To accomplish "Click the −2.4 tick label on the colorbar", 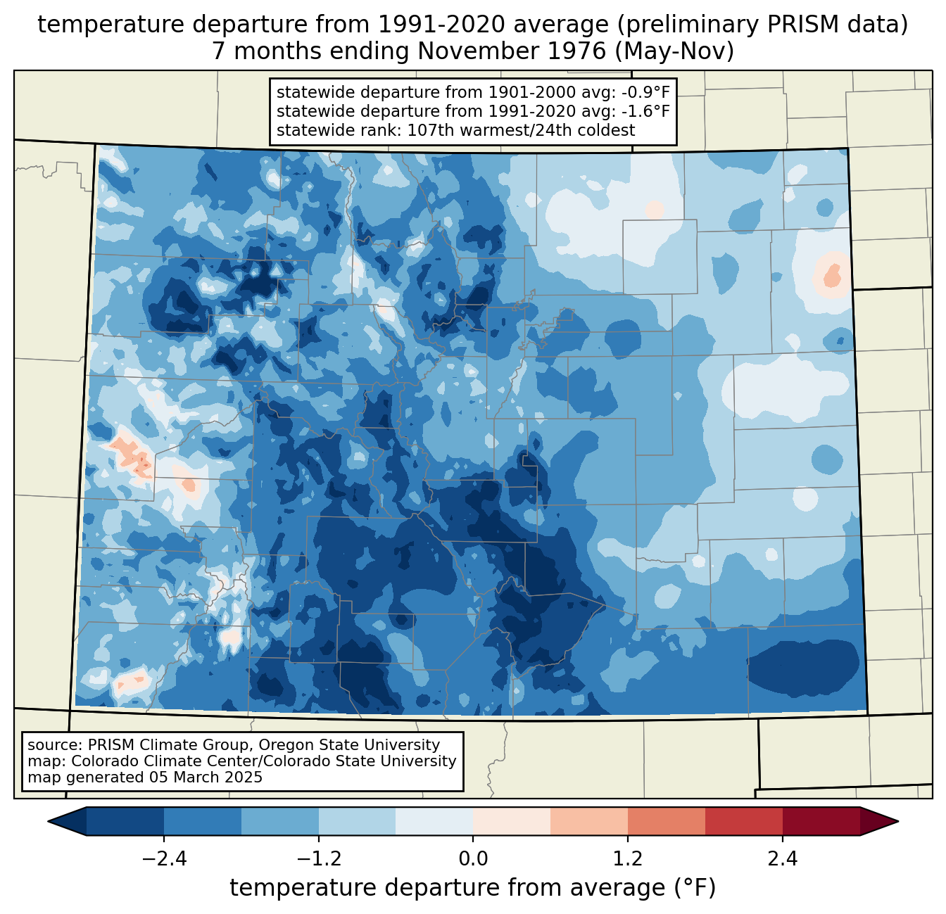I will coord(164,859).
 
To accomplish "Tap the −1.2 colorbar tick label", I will coord(319,859).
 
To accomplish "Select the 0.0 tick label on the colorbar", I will coord(473,859).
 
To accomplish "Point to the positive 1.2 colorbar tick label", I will coord(628,859).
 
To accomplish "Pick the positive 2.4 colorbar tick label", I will coord(782,859).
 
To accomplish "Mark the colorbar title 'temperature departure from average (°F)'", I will coord(473,888).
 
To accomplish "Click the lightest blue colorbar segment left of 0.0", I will coord(434,821).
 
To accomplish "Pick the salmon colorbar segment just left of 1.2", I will coord(589,821).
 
